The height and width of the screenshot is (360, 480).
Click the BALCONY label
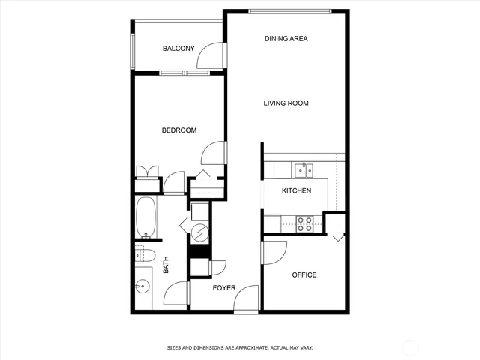click(178, 49)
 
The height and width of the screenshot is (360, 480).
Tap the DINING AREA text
click(286, 38)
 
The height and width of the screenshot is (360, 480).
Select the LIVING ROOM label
click(286, 103)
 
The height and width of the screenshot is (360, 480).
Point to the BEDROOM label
click(179, 130)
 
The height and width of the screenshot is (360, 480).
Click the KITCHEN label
click(296, 190)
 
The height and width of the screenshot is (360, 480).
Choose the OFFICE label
click(304, 275)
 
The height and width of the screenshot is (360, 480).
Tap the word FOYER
click(223, 288)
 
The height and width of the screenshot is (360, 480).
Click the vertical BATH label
click(166, 265)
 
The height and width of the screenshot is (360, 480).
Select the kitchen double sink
click(304, 168)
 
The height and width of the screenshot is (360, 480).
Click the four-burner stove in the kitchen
click(304, 223)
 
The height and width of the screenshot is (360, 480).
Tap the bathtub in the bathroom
click(145, 217)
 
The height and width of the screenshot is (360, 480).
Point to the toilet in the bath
click(144, 255)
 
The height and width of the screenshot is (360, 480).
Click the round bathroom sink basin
click(142, 286)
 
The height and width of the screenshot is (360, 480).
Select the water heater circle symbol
click(200, 234)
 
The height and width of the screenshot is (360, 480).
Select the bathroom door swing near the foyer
click(177, 293)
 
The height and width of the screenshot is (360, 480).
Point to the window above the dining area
click(289, 10)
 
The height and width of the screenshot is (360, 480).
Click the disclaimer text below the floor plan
click(239, 348)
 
